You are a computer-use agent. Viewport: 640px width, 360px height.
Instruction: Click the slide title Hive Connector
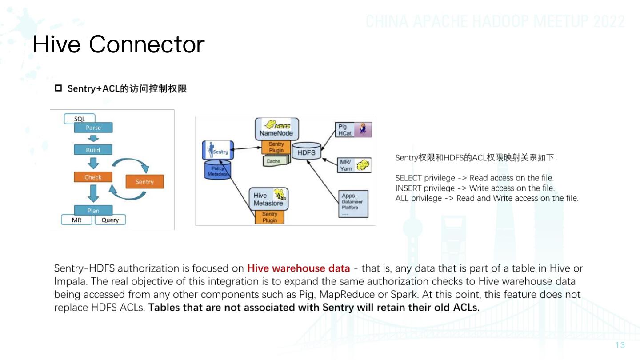pyautogui.click(x=119, y=44)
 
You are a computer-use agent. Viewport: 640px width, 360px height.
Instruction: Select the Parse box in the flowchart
pyautogui.click(x=93, y=128)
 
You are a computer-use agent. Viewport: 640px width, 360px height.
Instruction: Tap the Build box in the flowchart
pyautogui.click(x=93, y=150)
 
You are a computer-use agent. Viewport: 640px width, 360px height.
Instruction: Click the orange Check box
pyautogui.click(x=93, y=177)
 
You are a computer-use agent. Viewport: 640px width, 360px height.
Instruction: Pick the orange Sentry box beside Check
pyautogui.click(x=144, y=182)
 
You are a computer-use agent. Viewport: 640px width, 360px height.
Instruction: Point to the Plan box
pyautogui.click(x=93, y=210)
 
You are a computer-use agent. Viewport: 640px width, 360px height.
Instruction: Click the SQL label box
pyautogui.click(x=80, y=119)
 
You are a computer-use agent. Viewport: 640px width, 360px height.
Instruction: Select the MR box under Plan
pyautogui.click(x=77, y=220)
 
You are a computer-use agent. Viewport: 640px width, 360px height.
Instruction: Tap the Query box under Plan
pyautogui.click(x=110, y=220)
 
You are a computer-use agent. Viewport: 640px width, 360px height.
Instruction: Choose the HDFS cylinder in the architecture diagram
pyautogui.click(x=306, y=152)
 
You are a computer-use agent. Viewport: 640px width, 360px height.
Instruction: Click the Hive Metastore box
pyautogui.click(x=268, y=199)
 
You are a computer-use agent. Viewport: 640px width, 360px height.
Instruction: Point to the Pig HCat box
pyautogui.click(x=353, y=130)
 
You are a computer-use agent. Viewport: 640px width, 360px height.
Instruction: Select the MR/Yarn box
pyautogui.click(x=353, y=165)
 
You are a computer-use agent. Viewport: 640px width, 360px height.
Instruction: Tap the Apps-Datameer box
pyautogui.click(x=353, y=204)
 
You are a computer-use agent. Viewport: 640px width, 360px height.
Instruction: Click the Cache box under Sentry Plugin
pyautogui.click(x=273, y=161)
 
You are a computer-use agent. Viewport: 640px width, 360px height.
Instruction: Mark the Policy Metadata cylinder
pyautogui.click(x=217, y=172)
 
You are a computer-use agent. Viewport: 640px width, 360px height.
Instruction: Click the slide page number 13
pyautogui.click(x=620, y=345)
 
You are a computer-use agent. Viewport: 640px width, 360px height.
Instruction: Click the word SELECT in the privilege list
pyautogui.click(x=408, y=178)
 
